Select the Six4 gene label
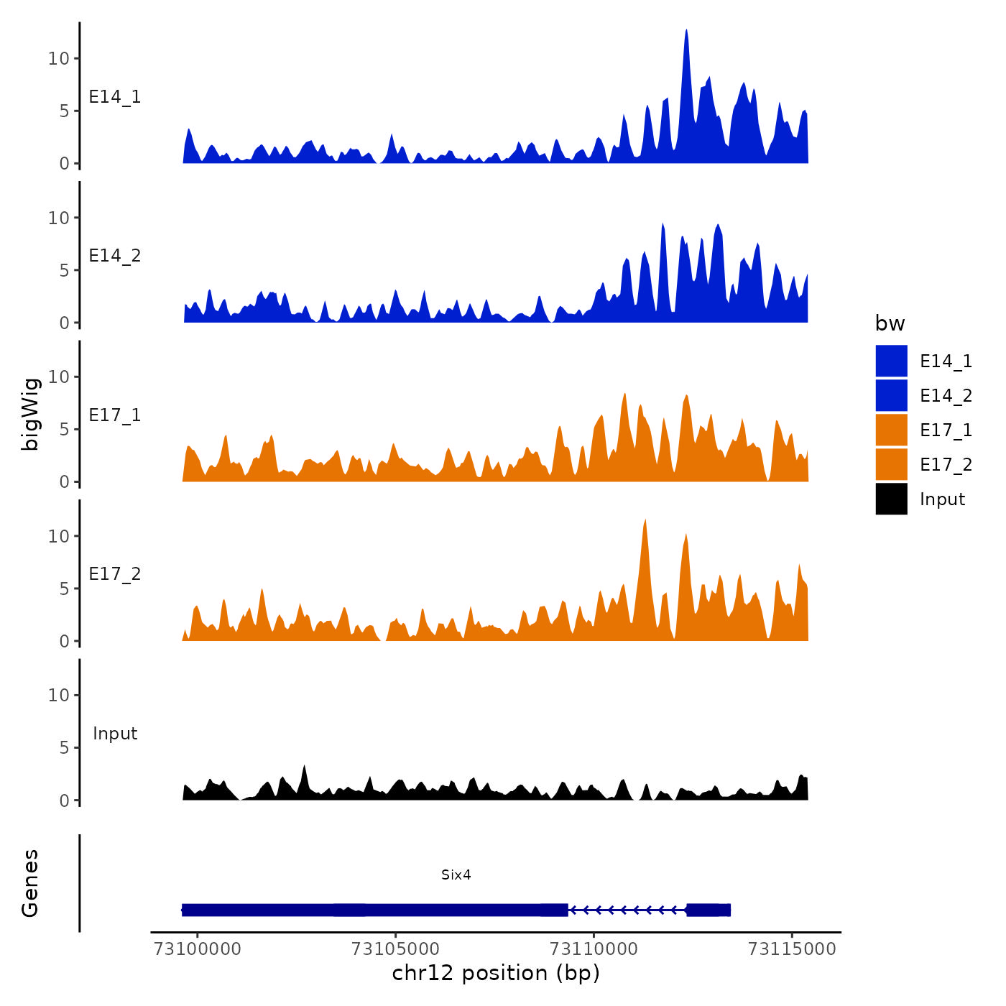click(x=456, y=875)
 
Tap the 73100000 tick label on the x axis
click(x=198, y=949)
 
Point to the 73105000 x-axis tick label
click(x=396, y=949)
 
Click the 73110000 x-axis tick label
click(x=594, y=949)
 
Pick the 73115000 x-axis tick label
click(x=792, y=949)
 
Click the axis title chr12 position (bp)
click(x=496, y=973)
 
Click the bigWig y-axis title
click(x=30, y=414)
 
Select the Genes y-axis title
click(x=30, y=883)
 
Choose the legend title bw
click(x=890, y=323)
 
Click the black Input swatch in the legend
click(x=891, y=499)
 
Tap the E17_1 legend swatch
click(x=891, y=430)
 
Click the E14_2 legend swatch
click(x=891, y=395)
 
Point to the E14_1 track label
click(x=115, y=97)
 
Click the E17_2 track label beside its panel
click(x=115, y=574)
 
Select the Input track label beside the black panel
click(x=115, y=734)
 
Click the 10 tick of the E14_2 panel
click(x=59, y=218)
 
